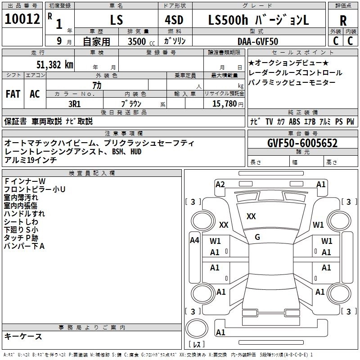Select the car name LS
[x=117, y=20]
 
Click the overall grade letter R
[x=343, y=21]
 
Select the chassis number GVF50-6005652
[x=302, y=143]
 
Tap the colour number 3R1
[x=75, y=103]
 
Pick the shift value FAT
[x=13, y=94]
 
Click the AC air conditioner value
[x=35, y=94]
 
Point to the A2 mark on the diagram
[x=220, y=184]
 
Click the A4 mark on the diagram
[x=194, y=240]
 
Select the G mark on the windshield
[x=257, y=237]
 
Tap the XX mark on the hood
[x=251, y=216]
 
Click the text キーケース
[x=23, y=337]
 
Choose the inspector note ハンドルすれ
[x=24, y=213]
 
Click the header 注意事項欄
[x=124, y=134]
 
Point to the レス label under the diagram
[x=197, y=345]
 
